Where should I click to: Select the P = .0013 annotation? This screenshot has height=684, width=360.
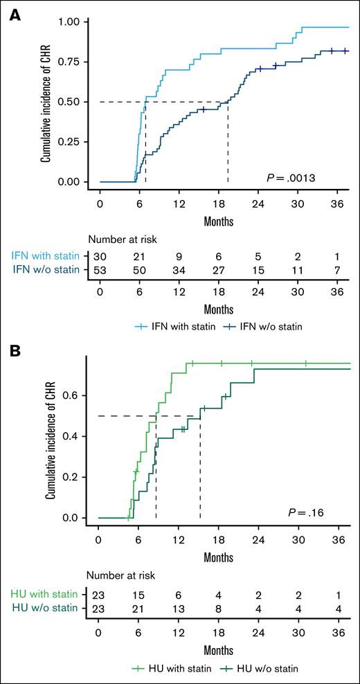[291, 179]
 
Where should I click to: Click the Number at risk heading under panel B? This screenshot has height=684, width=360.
[122, 575]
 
